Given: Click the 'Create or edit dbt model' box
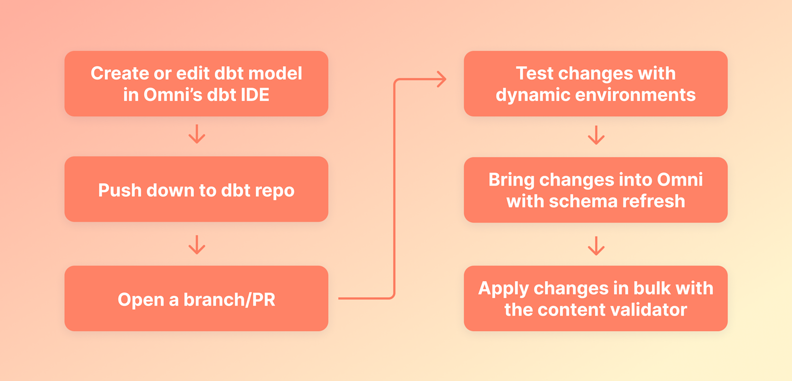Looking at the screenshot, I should [196, 84].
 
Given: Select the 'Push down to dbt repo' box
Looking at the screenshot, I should [196, 190].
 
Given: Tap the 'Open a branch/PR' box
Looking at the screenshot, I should [196, 299].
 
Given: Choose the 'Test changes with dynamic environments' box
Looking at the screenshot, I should [595, 84].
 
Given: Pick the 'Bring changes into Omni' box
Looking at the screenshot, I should [595, 190].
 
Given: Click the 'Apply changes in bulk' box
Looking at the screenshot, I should [595, 299].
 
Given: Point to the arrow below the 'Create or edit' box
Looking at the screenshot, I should [197, 134].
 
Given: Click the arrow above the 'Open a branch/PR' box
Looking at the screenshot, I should [197, 244].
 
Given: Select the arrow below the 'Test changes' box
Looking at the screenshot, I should [596, 135].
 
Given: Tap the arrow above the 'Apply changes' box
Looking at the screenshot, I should [596, 245].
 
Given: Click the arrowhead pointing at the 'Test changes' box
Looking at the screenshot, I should [441, 79].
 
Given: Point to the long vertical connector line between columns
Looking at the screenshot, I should [395, 188].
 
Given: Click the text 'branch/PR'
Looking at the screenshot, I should [229, 300].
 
